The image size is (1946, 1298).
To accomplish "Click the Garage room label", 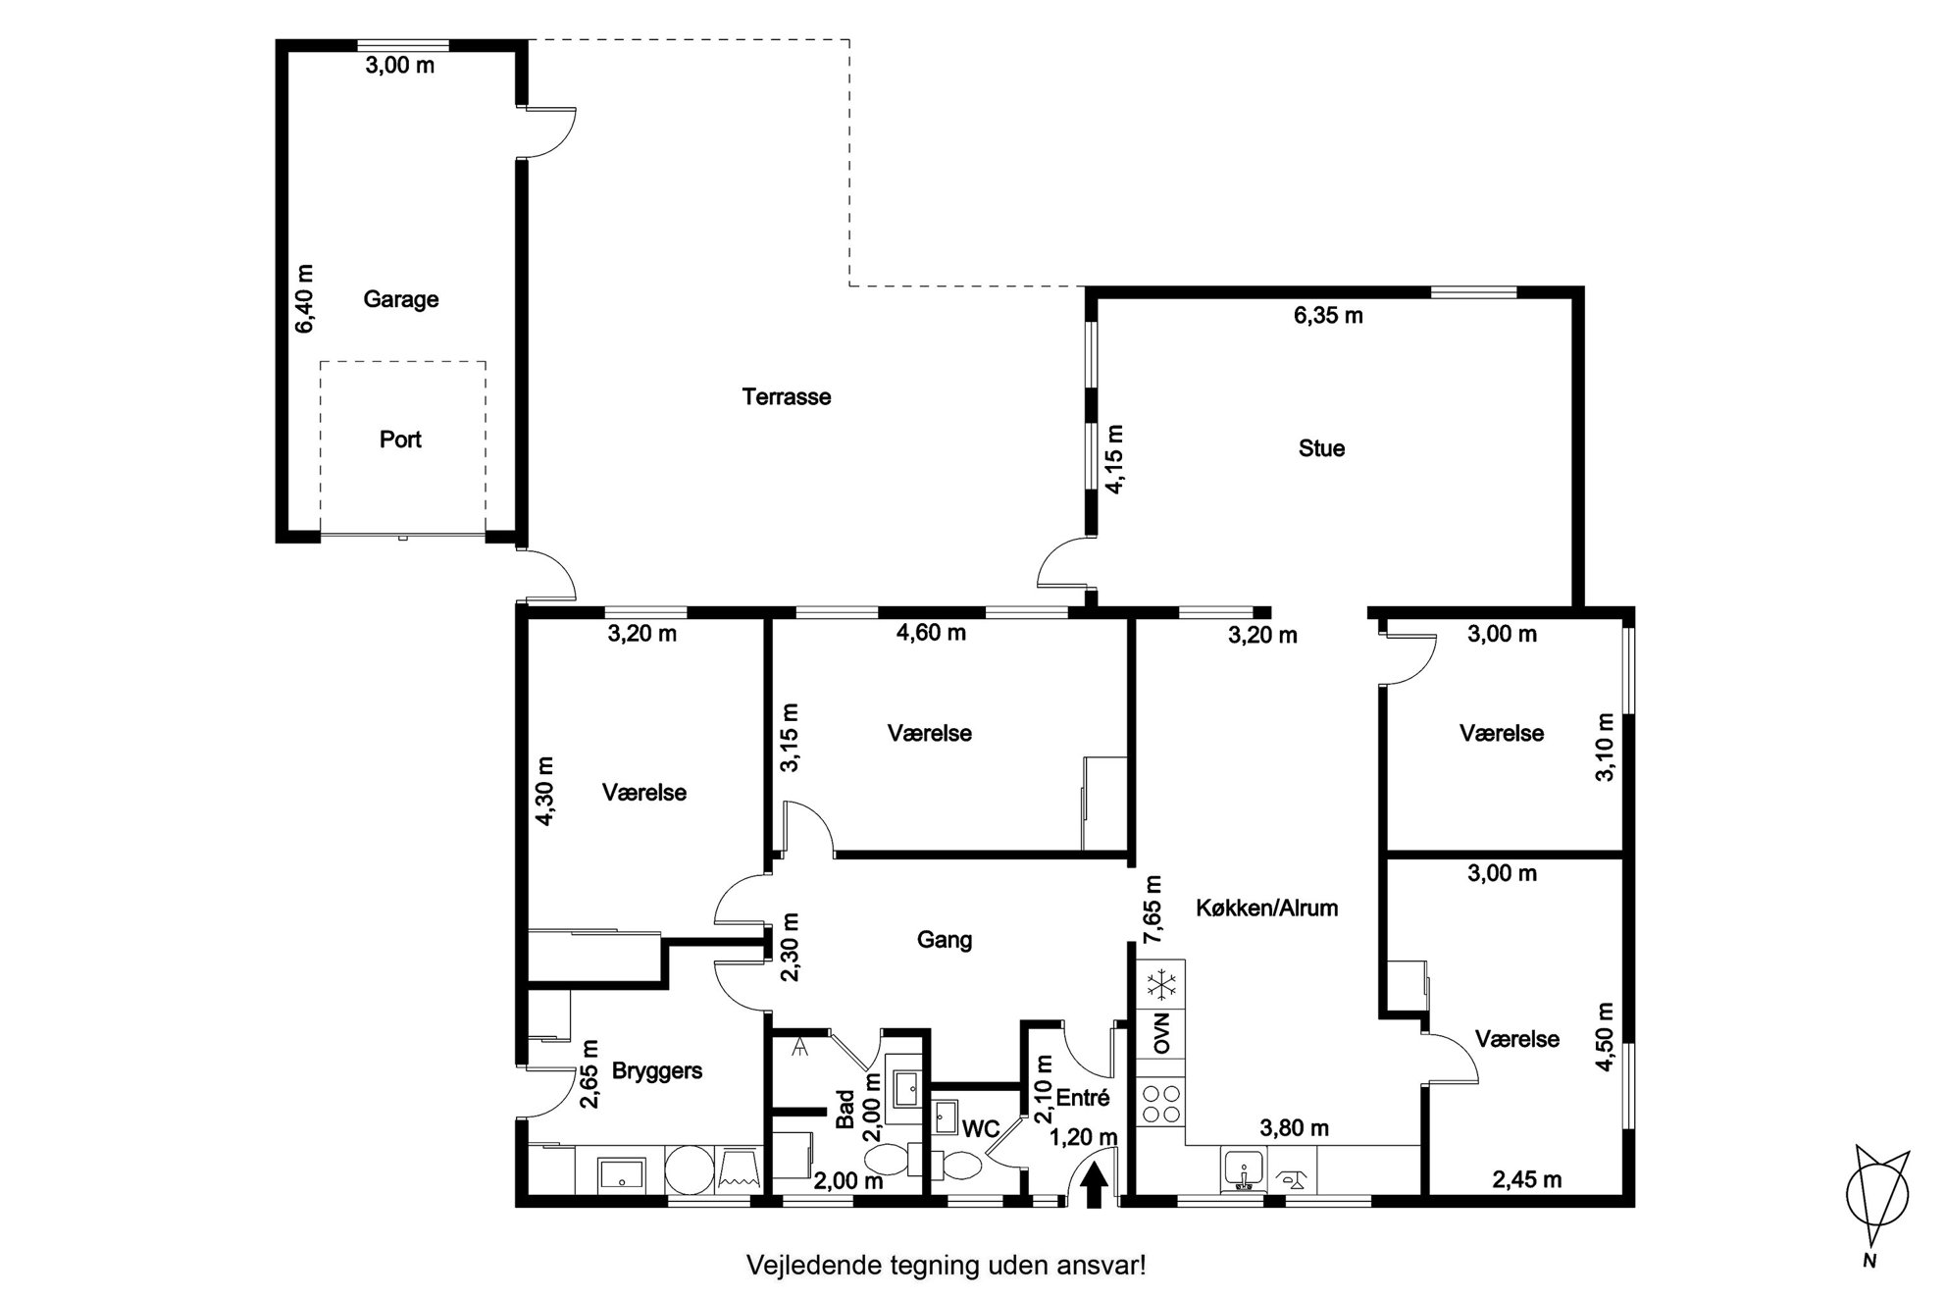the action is pyautogui.click(x=400, y=299).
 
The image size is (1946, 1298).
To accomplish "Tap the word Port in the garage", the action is pyautogui.click(x=400, y=440).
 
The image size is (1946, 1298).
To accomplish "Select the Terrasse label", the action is pyautogui.click(x=787, y=397).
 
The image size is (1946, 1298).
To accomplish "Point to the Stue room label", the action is pyautogui.click(x=1321, y=448).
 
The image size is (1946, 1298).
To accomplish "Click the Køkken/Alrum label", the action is pyautogui.click(x=1267, y=908).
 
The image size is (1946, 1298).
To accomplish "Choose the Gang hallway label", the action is pyautogui.click(x=945, y=940).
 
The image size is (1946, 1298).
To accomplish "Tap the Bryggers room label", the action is pyautogui.click(x=657, y=1070).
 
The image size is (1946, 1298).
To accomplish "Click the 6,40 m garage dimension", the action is pyautogui.click(x=305, y=299).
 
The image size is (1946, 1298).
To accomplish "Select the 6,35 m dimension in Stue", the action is pyautogui.click(x=1328, y=316).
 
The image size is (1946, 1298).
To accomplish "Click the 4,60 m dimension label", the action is pyautogui.click(x=931, y=633).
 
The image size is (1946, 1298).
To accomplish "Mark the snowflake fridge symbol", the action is pyautogui.click(x=1162, y=982).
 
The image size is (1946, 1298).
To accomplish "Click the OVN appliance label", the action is pyautogui.click(x=1162, y=1032).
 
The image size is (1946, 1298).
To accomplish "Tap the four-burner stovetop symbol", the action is pyautogui.click(x=1162, y=1104).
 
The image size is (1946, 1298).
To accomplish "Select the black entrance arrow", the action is pyautogui.click(x=1095, y=1184).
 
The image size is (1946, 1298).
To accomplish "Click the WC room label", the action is pyautogui.click(x=980, y=1129).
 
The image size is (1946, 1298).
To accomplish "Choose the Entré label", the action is pyautogui.click(x=1084, y=1099).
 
